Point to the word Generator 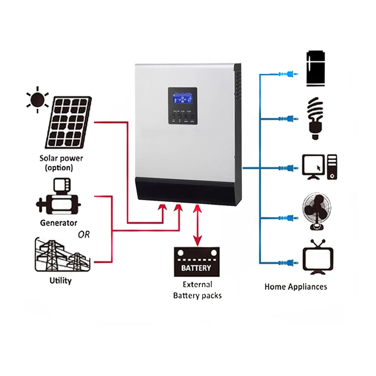coord(59,223)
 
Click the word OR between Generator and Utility coord(83,235)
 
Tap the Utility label coord(60,280)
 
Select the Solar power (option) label coord(61,162)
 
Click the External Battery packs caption coord(197,290)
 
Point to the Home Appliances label coord(296,287)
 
